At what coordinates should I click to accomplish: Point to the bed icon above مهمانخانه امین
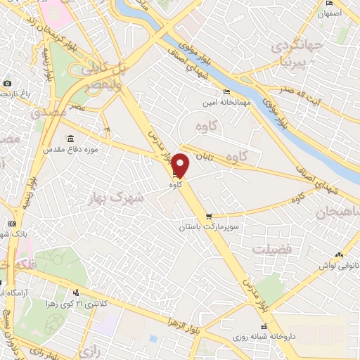pos(226,92)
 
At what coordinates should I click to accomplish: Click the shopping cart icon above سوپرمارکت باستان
pos(207,217)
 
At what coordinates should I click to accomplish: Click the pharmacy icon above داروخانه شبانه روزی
pos(264,327)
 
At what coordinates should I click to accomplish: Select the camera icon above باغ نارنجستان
pos(6,82)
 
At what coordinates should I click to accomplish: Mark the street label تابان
pos(204,154)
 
